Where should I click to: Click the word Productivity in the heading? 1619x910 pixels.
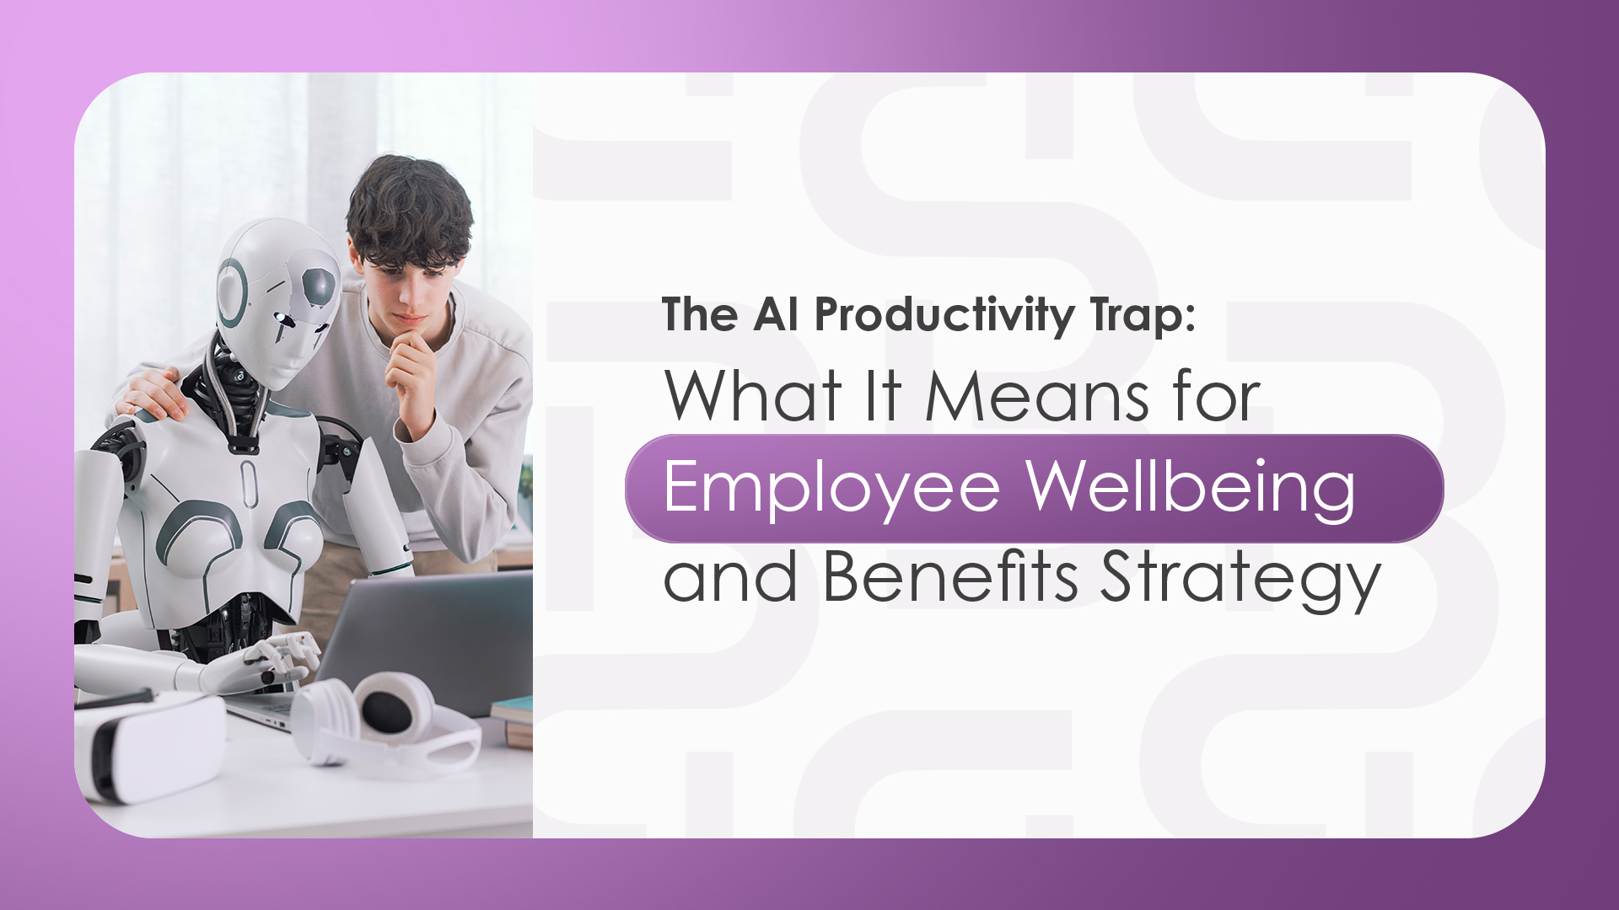coord(944,316)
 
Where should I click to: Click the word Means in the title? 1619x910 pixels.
coord(1036,396)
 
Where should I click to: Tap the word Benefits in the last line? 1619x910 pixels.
coord(950,577)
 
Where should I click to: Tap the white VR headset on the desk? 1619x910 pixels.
coord(148,746)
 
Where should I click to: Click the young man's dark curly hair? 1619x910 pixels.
coord(409,211)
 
